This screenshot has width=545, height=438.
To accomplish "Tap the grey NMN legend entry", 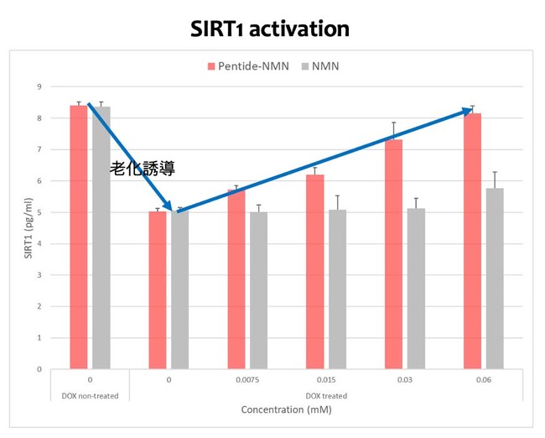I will pyautogui.click(x=322, y=65).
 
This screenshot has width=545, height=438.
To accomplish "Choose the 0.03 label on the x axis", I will pyautogui.click(x=404, y=380).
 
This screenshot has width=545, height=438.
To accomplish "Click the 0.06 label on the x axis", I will pyautogui.click(x=483, y=380).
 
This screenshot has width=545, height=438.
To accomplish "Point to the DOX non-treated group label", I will pyautogui.click(x=89, y=394).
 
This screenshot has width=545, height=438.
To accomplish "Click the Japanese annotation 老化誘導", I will pyautogui.click(x=143, y=169).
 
